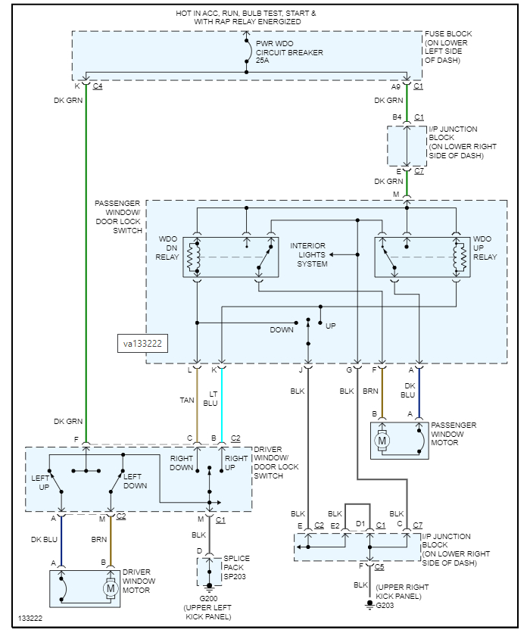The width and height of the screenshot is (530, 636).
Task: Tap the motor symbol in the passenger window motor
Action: [x=382, y=441]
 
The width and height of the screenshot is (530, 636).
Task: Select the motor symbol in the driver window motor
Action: [x=111, y=588]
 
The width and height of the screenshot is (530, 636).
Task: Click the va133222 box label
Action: [x=143, y=343]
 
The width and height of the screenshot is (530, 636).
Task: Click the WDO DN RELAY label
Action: [x=168, y=248]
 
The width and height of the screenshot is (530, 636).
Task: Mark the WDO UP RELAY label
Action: [x=482, y=248]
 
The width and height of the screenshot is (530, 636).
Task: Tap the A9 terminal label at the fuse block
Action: [x=396, y=86]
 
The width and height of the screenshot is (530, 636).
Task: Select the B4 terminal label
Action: [x=397, y=117]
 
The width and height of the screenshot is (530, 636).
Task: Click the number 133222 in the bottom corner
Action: [x=32, y=619]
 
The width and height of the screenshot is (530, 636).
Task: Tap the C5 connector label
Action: [x=379, y=566]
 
